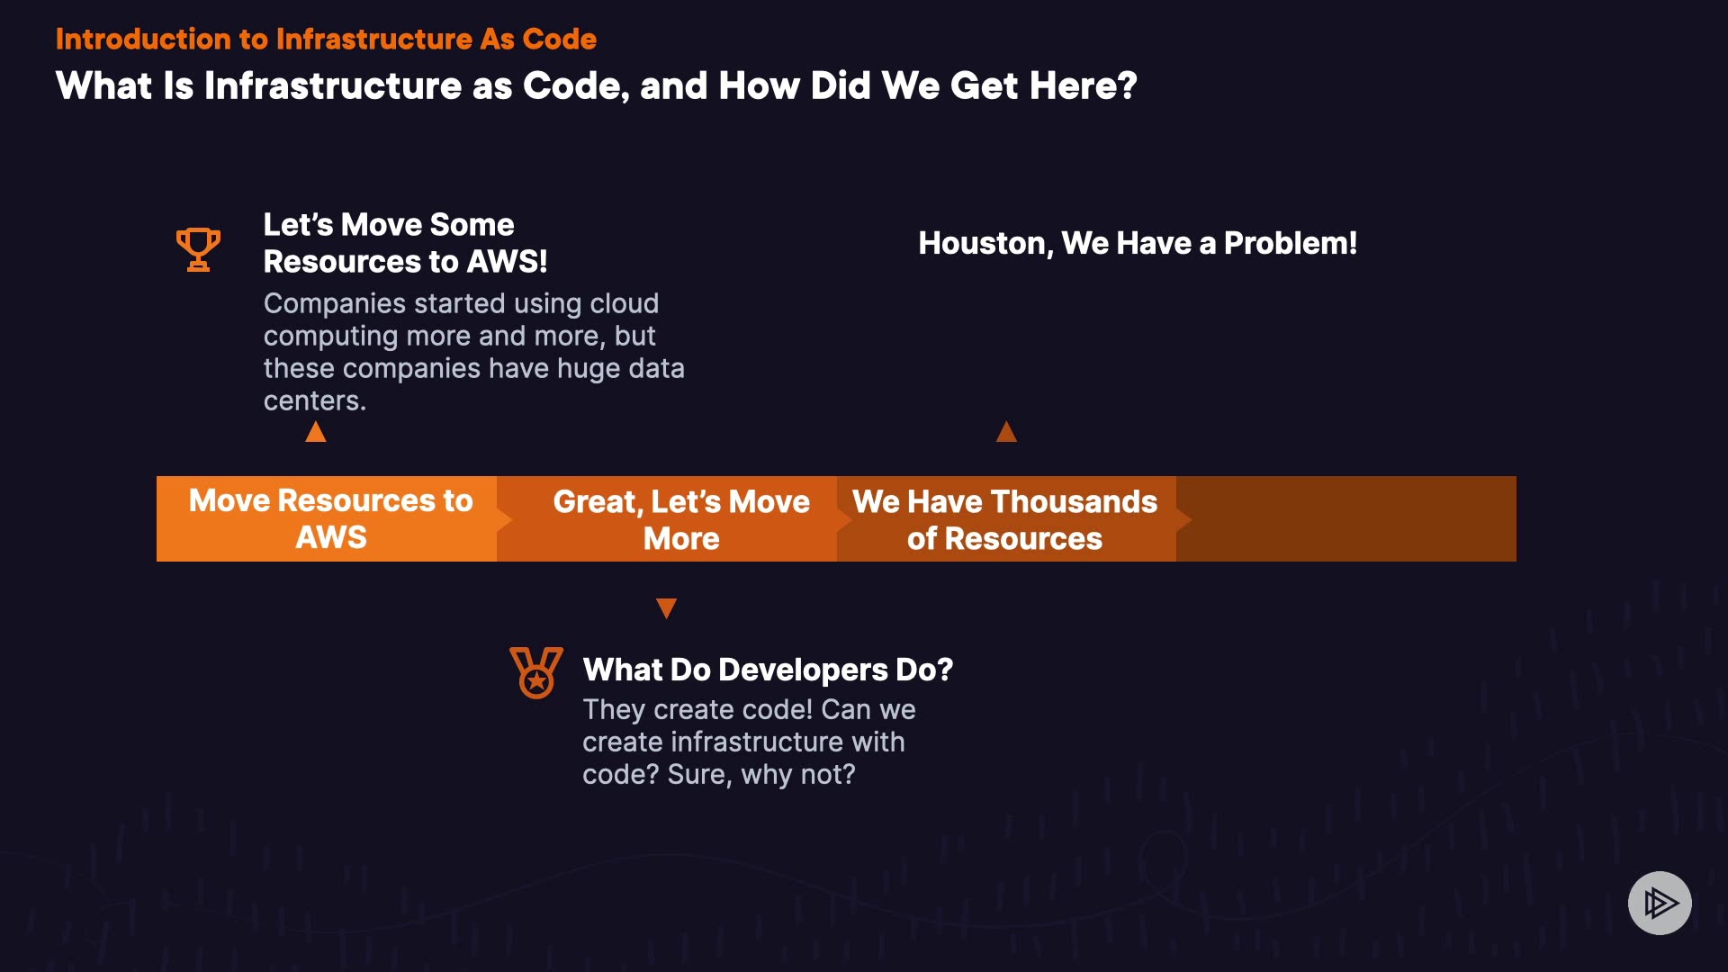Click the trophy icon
[198, 249]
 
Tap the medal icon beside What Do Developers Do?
[536, 672]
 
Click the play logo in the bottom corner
[1660, 903]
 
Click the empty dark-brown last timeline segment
[1346, 518]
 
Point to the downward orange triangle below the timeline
[666, 608]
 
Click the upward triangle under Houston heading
[1006, 432]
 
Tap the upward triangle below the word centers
[316, 432]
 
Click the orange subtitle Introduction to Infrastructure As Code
[326, 39]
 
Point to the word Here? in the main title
[1084, 85]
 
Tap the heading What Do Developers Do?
[768, 670]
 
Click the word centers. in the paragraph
[315, 400]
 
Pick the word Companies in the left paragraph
[335, 304]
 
